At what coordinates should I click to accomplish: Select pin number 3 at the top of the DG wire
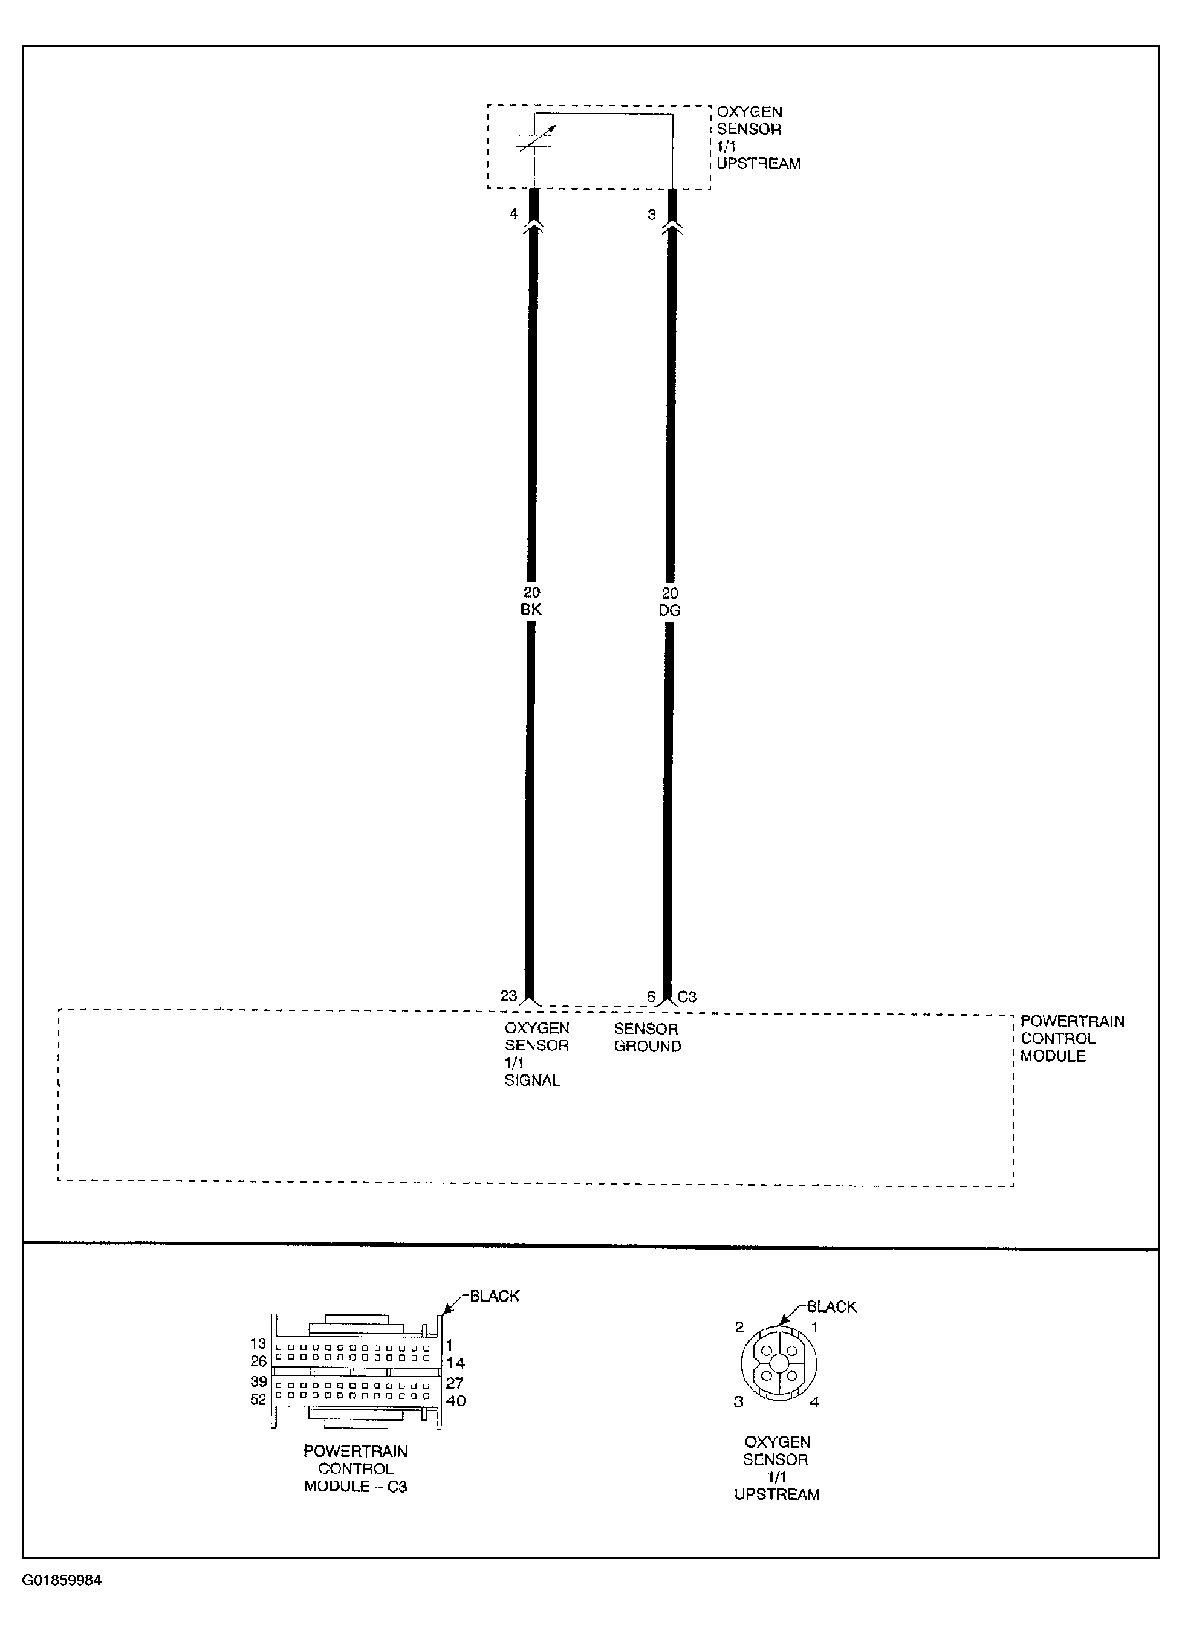[652, 215]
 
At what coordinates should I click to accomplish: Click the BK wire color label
[531, 610]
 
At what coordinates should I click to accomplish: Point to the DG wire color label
[669, 610]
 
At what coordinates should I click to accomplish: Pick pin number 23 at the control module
[508, 996]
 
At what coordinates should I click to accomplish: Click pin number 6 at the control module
[651, 996]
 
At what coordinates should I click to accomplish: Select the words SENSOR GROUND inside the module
[647, 1038]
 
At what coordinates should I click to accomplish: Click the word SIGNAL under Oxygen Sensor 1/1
[533, 1080]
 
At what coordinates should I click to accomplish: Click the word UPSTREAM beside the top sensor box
[758, 164]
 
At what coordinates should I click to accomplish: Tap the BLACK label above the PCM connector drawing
[495, 1296]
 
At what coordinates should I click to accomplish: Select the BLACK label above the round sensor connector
[832, 1306]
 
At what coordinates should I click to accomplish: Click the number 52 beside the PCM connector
[258, 1400]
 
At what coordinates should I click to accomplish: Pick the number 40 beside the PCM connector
[456, 1401]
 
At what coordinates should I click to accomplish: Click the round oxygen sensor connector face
[778, 1363]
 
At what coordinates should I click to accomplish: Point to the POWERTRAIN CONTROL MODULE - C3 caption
[356, 1468]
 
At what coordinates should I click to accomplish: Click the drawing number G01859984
[62, 1581]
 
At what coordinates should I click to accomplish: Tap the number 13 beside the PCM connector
[258, 1343]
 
